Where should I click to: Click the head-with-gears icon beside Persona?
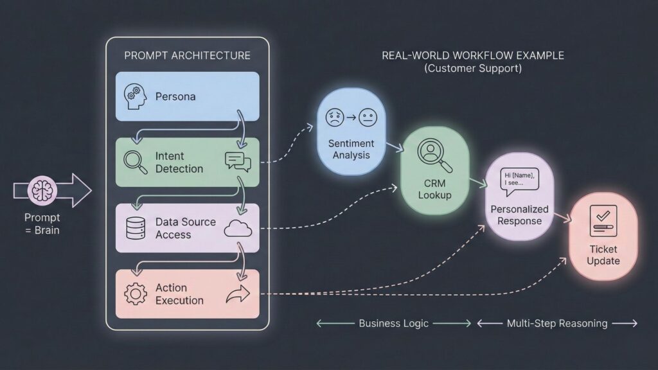tap(134, 96)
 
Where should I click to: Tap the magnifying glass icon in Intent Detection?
tap(135, 162)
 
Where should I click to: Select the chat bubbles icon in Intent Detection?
tap(237, 162)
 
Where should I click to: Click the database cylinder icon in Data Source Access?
tap(135, 228)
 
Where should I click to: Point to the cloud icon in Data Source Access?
tap(237, 229)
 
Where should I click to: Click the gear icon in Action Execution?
tap(135, 294)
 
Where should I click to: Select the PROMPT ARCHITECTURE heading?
tap(187, 55)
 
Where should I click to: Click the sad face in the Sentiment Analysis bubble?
tap(334, 118)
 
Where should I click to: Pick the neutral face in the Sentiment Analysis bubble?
tap(368, 118)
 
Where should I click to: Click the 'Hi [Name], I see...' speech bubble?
tap(519, 179)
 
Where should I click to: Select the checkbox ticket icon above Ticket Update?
tap(603, 221)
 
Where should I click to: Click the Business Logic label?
tap(393, 323)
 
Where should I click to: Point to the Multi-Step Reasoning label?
tap(556, 323)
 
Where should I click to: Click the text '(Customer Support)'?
tap(473, 68)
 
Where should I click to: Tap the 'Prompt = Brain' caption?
tap(42, 224)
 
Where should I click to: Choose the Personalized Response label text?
tap(519, 215)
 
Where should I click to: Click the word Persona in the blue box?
tap(175, 96)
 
